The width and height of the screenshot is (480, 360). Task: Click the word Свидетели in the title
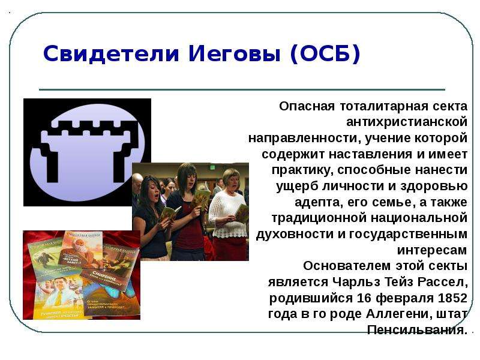(x=111, y=53)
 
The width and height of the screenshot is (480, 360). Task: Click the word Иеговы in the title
(x=234, y=53)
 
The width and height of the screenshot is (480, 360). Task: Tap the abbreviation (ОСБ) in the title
(x=325, y=54)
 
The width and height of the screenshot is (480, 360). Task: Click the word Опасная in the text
(x=307, y=106)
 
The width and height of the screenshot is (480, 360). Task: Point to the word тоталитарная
(x=384, y=107)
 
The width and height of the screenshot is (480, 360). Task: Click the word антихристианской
(x=407, y=122)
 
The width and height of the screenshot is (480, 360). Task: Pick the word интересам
(x=432, y=250)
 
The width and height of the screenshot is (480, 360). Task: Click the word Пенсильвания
(x=418, y=330)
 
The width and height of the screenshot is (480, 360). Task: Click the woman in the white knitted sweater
(x=228, y=214)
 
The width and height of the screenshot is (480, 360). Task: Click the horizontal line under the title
(x=242, y=89)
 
